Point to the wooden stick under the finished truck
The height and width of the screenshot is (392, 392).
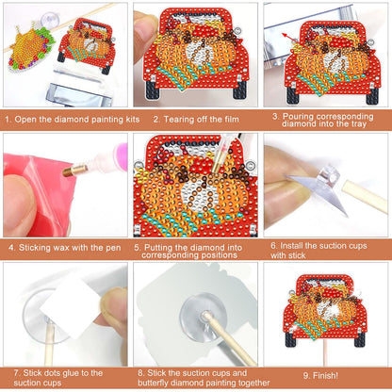point(327,355)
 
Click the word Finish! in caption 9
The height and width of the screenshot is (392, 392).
point(326,376)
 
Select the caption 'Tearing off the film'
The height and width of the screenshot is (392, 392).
point(196,121)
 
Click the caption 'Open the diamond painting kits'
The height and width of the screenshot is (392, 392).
point(65,121)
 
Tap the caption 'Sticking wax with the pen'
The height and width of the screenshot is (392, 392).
point(64,248)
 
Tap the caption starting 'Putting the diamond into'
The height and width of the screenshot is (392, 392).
point(196,248)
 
